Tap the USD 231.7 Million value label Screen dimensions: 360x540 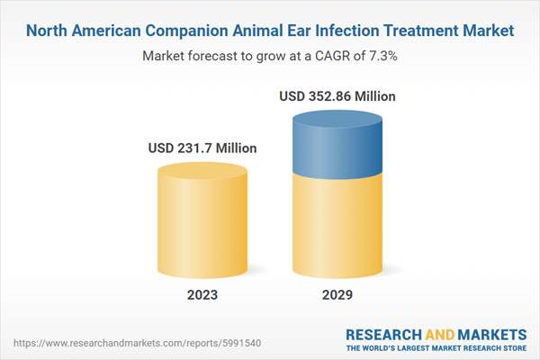[x=203, y=148]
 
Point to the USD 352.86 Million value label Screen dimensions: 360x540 [x=338, y=95]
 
